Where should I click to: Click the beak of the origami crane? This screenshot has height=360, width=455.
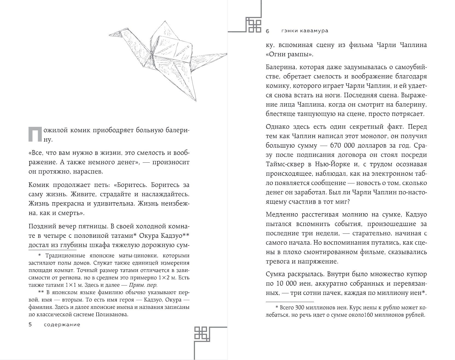(x=110, y=35)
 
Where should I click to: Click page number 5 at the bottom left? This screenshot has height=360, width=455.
(x=30, y=325)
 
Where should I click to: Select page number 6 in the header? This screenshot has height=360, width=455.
(x=267, y=31)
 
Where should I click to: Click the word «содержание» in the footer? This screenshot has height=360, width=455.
(x=62, y=325)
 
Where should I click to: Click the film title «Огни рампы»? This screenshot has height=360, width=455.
(x=290, y=54)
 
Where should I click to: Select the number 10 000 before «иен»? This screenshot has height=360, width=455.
(x=286, y=283)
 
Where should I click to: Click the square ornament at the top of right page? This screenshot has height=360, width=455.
(x=253, y=25)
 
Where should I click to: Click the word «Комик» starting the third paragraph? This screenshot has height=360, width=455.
(x=39, y=185)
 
